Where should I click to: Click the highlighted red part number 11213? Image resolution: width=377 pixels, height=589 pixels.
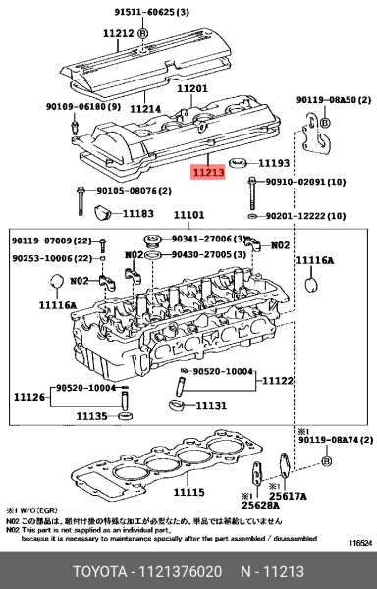pos(208,173)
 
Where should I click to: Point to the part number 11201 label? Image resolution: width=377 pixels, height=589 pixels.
pos(192,88)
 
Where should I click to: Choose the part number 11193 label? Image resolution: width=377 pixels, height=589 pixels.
pos(275,162)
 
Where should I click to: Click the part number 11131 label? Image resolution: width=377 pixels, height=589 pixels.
pos(211,405)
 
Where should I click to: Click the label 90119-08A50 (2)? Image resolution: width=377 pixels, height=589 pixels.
pos(334,100)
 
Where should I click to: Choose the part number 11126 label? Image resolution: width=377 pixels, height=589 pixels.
pos(28,397)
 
